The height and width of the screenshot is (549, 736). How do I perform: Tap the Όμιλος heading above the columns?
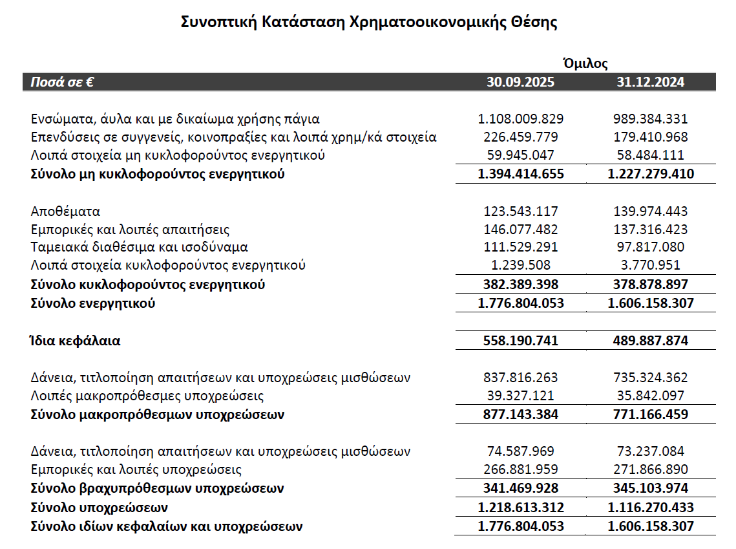click(585, 63)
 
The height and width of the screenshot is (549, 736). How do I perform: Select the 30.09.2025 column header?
click(520, 82)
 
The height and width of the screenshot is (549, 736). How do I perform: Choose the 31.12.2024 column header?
click(650, 82)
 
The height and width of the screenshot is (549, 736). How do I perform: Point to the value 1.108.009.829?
click(520, 119)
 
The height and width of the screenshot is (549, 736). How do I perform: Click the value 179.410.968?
click(650, 137)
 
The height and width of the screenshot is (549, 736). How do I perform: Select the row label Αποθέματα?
click(66, 211)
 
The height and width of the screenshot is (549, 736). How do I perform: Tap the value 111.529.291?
click(520, 247)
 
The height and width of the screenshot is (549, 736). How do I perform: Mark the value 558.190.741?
click(520, 341)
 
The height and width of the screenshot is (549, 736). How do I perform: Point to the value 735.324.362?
click(650, 378)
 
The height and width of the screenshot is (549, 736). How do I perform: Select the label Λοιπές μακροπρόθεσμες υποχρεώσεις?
click(147, 396)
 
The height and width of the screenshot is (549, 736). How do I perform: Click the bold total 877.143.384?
click(520, 414)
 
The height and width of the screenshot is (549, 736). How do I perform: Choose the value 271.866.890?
click(650, 469)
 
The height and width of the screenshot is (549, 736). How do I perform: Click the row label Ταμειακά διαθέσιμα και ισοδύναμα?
click(140, 247)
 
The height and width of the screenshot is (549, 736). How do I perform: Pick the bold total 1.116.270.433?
click(650, 508)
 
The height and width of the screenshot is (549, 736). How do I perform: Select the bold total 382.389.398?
click(520, 285)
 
